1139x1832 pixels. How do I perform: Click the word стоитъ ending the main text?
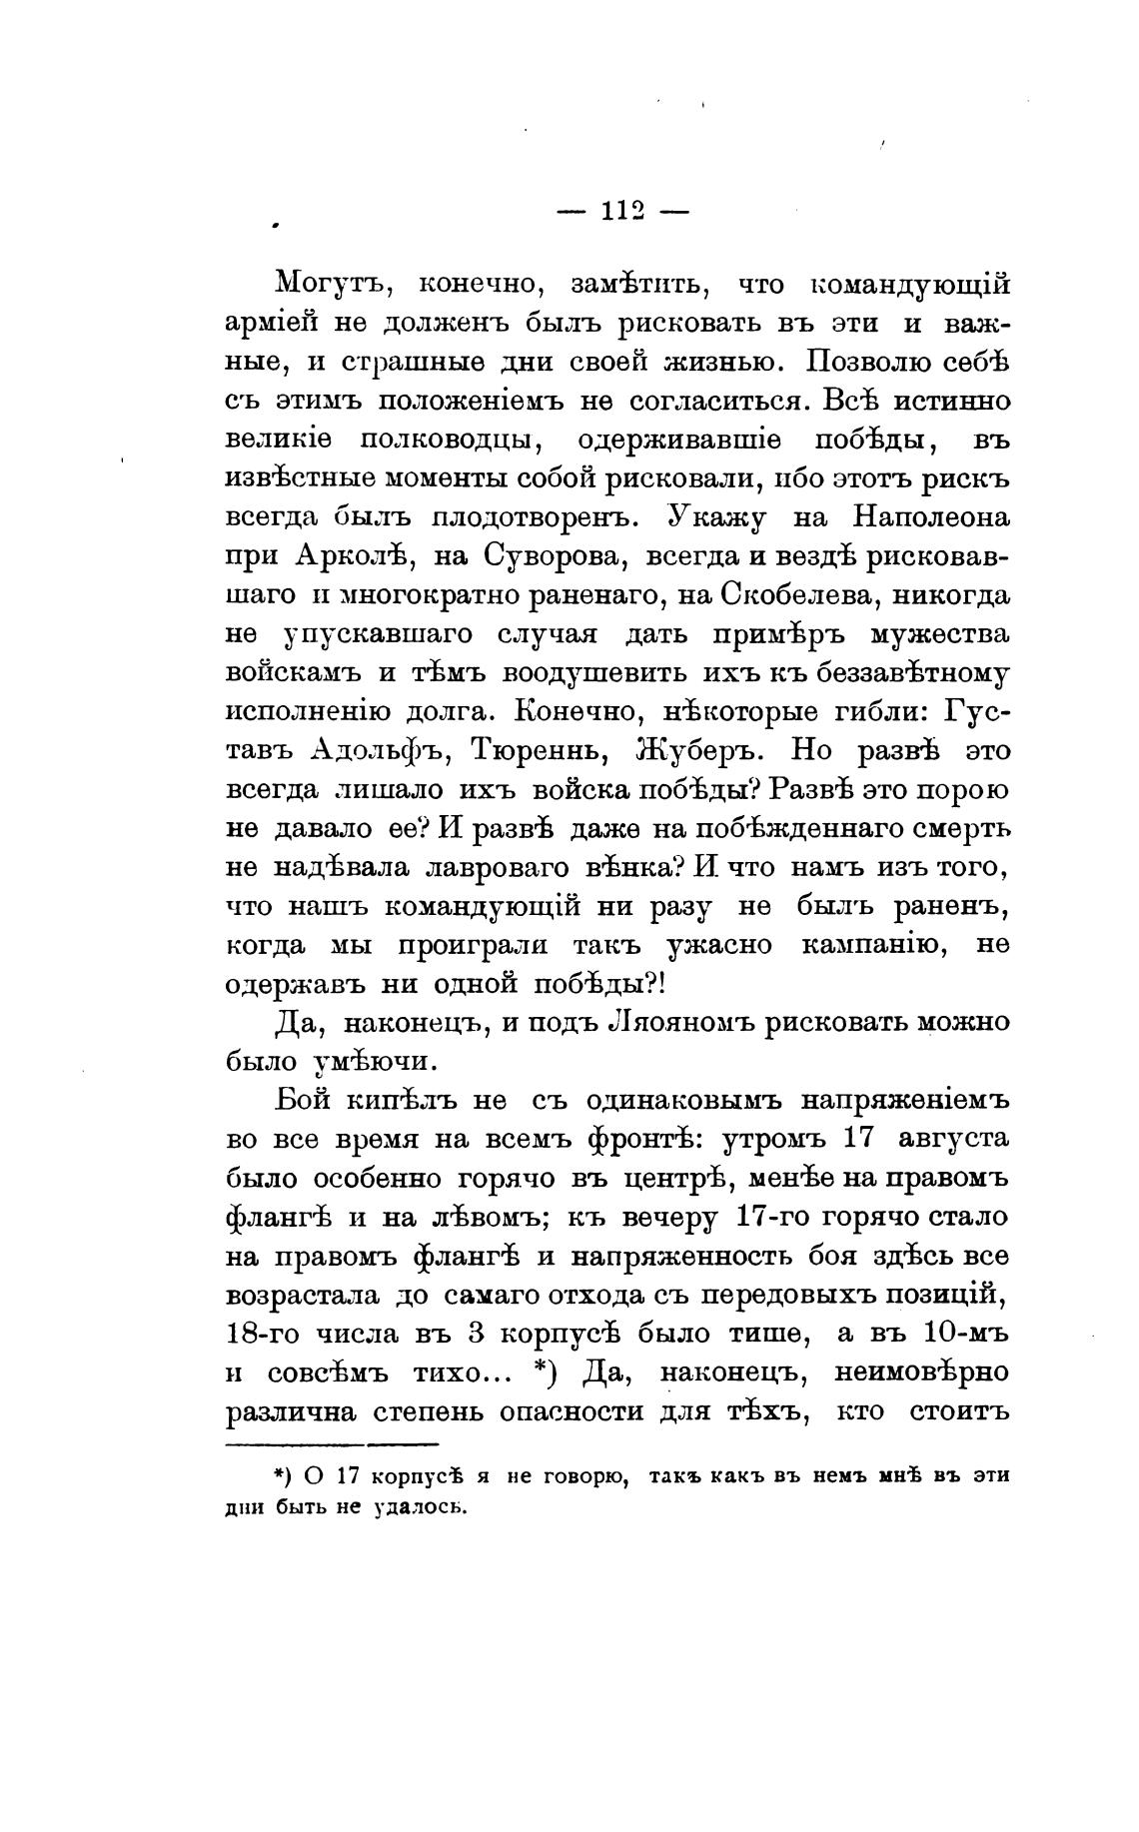coord(959,1411)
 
